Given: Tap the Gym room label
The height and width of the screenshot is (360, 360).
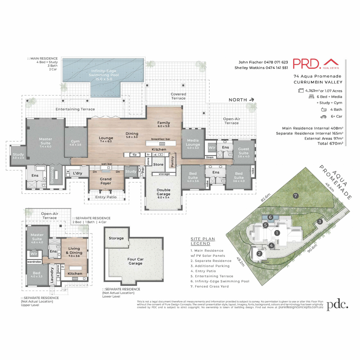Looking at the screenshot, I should point(75,143).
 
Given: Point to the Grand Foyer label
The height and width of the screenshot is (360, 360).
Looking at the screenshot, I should point(106,181).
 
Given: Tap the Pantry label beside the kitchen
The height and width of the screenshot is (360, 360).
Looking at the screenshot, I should point(172,161).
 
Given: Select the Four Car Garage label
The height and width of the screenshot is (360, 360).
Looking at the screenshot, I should point(136,261).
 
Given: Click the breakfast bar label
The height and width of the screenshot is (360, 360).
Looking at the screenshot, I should point(160,139).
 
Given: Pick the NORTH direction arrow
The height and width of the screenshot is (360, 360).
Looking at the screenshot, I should point(252,100).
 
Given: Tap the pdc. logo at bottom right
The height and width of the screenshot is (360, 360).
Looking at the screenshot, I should point(337,304).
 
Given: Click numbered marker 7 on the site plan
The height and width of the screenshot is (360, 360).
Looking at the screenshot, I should point(295,196).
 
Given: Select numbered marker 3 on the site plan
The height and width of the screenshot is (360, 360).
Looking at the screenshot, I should point(320,222).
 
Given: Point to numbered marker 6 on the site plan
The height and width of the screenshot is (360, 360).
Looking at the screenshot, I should point(270,217).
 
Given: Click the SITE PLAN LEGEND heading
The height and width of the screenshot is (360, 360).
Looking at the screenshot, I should point(203,241).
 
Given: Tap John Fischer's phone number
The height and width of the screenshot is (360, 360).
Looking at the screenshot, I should point(276,62).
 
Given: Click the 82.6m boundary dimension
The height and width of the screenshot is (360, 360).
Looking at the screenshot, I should point(265,197).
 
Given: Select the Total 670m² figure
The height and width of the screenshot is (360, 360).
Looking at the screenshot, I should point(330,144).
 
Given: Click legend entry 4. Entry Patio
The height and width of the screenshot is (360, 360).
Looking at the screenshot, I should point(203,271).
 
